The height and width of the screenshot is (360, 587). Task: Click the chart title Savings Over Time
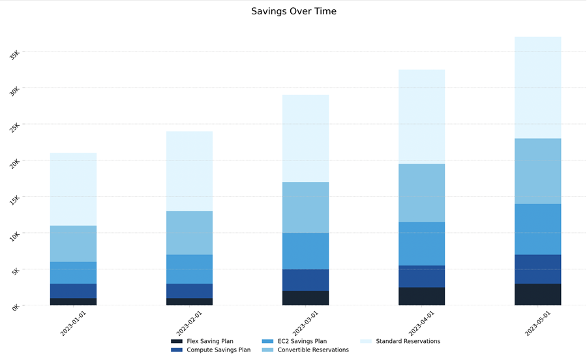[x=293, y=11]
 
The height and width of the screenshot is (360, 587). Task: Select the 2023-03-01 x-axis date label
[x=305, y=323]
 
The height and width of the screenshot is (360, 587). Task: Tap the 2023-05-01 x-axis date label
[x=537, y=323]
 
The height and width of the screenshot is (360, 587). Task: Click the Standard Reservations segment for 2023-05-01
[x=537, y=87]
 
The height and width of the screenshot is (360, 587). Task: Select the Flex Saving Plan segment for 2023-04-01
[x=421, y=296]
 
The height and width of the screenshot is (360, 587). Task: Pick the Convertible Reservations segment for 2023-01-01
[x=73, y=243]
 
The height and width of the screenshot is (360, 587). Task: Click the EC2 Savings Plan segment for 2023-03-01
[x=305, y=251]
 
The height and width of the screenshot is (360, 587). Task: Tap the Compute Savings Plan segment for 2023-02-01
[x=189, y=291]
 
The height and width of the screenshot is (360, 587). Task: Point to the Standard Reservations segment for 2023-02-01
[x=189, y=171]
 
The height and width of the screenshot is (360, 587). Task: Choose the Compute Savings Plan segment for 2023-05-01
[x=537, y=269]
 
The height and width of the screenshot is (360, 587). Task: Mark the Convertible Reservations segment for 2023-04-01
[x=421, y=192]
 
